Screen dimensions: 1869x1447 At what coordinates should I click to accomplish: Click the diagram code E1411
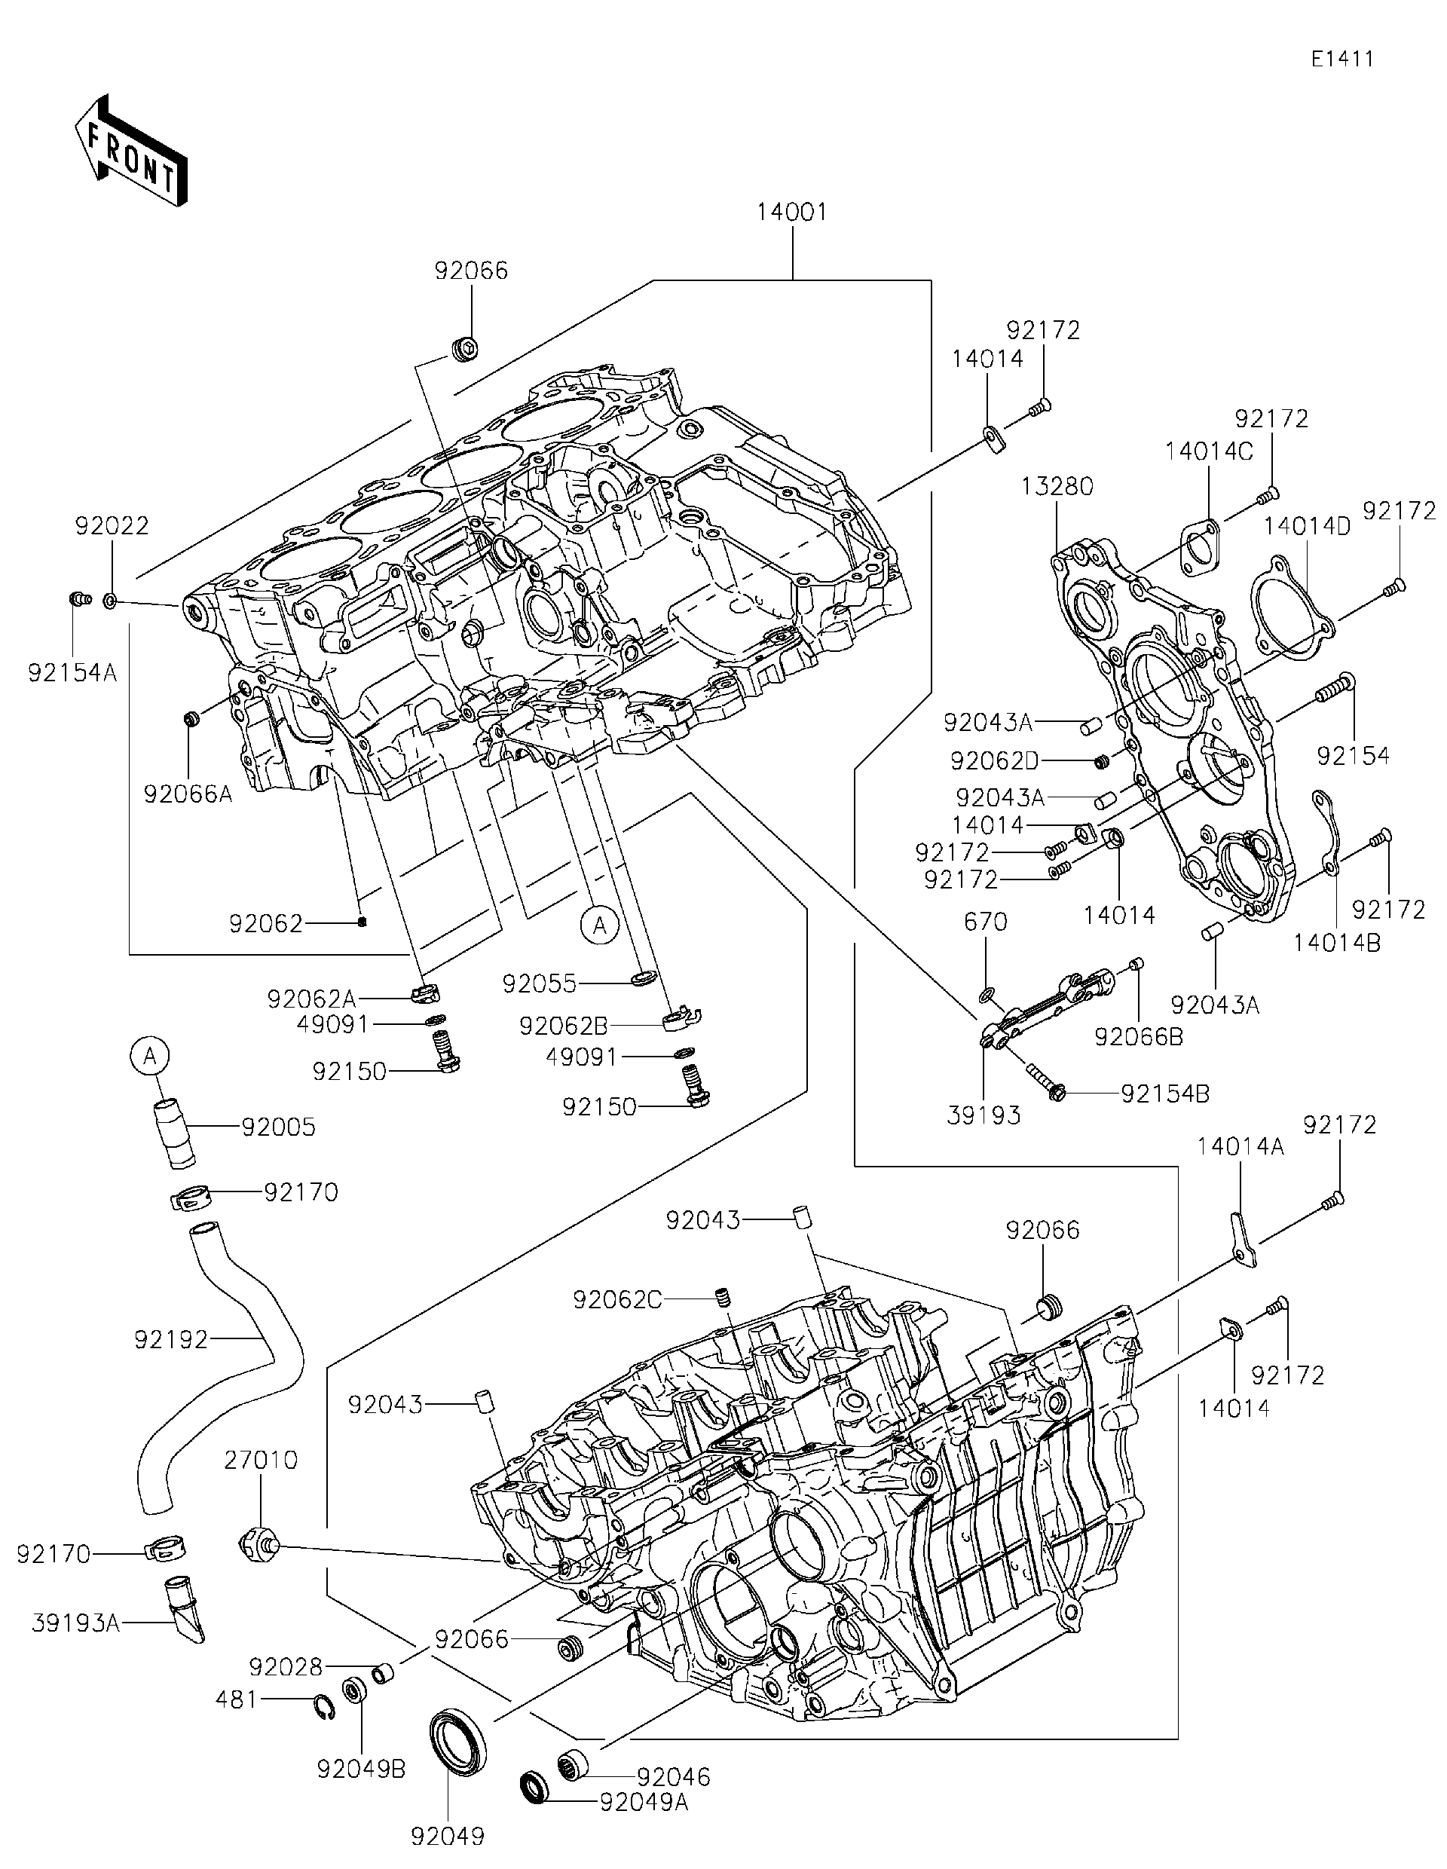1341,59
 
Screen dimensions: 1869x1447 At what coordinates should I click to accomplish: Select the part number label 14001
791,213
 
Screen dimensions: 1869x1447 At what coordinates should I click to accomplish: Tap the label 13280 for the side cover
1057,487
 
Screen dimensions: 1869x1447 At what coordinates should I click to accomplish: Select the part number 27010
261,1460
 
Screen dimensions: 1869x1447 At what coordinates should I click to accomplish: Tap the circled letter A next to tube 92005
151,1057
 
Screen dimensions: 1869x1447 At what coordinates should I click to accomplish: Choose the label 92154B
1164,1094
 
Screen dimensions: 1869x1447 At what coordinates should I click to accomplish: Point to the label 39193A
75,1623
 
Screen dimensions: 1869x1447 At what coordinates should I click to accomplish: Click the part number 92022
112,525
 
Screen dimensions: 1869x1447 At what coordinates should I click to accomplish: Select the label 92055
539,983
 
